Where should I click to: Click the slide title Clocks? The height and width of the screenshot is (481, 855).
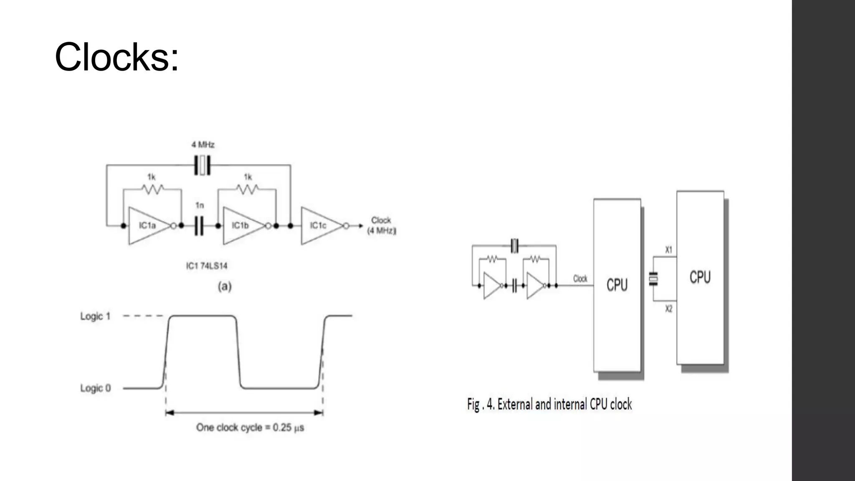(x=116, y=57)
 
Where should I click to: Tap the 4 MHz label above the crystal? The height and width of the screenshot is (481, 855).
(x=203, y=145)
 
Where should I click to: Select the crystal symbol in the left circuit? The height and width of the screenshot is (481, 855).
(x=202, y=165)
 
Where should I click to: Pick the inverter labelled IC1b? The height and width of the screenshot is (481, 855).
(x=241, y=226)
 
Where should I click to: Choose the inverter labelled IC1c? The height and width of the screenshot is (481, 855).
(x=319, y=226)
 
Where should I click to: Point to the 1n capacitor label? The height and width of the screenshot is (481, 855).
(x=200, y=205)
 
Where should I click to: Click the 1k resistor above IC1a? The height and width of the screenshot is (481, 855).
(x=152, y=189)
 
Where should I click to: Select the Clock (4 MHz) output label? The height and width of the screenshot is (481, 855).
(x=382, y=225)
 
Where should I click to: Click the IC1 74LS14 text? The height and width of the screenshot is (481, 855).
(x=207, y=266)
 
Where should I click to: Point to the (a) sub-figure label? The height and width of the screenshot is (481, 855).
(x=225, y=286)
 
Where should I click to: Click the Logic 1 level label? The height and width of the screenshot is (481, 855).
(x=95, y=316)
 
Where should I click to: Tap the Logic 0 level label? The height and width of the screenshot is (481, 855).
(x=95, y=388)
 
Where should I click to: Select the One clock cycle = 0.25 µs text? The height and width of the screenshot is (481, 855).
(x=250, y=428)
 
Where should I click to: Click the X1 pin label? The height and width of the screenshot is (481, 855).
(x=669, y=250)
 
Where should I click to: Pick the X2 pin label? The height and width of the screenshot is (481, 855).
(x=669, y=309)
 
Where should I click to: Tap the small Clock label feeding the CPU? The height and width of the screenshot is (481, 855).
(x=580, y=278)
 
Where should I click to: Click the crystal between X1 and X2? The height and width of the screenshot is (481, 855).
(x=653, y=279)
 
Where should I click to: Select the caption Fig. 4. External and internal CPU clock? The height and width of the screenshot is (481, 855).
(x=549, y=404)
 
